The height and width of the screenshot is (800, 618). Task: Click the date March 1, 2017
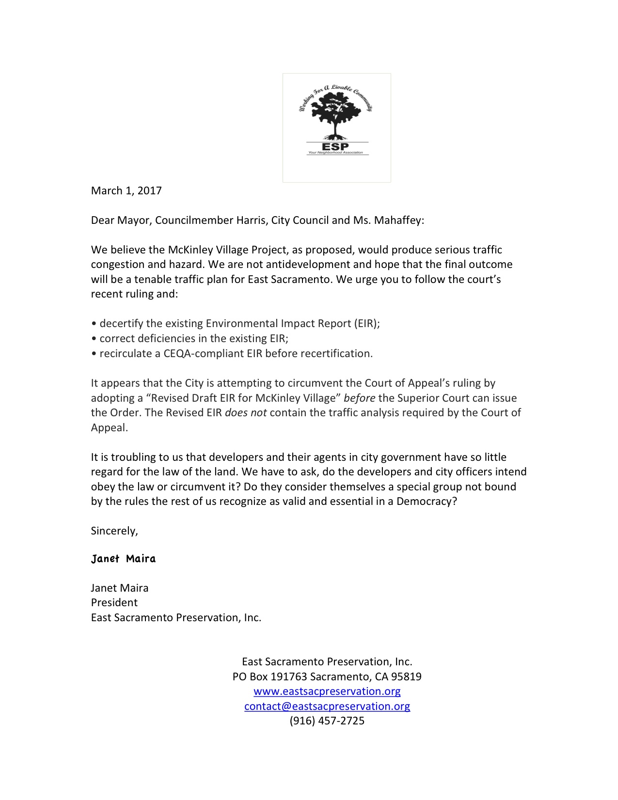(x=126, y=190)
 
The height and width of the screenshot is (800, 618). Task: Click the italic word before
(x=359, y=398)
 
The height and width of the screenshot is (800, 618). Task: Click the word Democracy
(x=424, y=502)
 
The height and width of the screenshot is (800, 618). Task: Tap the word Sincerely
(x=114, y=531)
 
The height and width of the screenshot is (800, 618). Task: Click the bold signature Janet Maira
(x=123, y=559)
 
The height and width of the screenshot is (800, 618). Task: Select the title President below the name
(x=114, y=603)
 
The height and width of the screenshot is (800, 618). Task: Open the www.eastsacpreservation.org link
(x=327, y=691)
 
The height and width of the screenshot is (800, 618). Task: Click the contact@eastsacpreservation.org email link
(x=327, y=706)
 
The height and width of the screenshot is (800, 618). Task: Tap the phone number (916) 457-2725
(x=327, y=721)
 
